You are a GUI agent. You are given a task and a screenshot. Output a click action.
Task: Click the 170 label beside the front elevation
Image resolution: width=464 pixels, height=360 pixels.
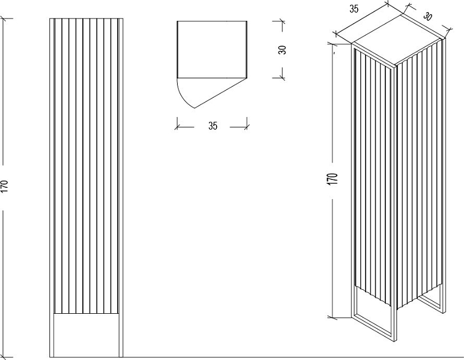coord(5,187)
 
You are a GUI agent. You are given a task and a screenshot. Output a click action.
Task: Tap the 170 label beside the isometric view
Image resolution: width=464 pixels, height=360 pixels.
coord(333,179)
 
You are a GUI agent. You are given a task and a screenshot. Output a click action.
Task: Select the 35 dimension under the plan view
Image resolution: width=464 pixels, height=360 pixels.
coord(212,126)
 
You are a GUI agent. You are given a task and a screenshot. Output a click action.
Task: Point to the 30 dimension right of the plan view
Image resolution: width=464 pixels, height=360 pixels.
coord(282,50)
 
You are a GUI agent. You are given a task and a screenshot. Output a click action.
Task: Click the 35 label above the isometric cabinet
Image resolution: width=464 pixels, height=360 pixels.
coord(354,9)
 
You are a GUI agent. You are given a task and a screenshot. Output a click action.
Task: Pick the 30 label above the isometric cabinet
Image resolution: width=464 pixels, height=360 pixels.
coord(427,16)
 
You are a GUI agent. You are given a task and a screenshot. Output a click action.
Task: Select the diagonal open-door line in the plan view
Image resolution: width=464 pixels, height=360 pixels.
coord(220,93)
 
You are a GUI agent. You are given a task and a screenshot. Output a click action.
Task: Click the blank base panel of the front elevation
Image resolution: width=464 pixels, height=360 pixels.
coord(86,335)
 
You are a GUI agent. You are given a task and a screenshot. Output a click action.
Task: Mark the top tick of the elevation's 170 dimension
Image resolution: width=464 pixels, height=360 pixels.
coord(4,19)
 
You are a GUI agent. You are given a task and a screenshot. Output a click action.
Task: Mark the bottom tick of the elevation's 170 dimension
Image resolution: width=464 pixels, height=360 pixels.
coord(4,357)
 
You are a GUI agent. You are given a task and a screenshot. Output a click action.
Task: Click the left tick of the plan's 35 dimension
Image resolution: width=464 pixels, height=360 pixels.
coord(177,127)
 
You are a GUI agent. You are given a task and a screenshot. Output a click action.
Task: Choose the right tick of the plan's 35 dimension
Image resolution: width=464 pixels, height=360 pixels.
coord(247,127)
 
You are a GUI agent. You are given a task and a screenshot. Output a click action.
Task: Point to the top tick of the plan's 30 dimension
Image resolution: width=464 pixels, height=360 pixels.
coord(282,21)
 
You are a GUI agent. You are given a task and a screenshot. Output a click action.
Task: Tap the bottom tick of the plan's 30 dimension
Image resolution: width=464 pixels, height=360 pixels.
coord(282,78)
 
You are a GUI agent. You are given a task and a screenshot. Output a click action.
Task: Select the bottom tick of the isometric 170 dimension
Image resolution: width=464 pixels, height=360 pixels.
coord(333,317)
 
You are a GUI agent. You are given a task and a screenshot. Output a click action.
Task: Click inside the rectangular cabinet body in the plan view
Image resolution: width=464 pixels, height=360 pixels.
coord(212,49)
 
